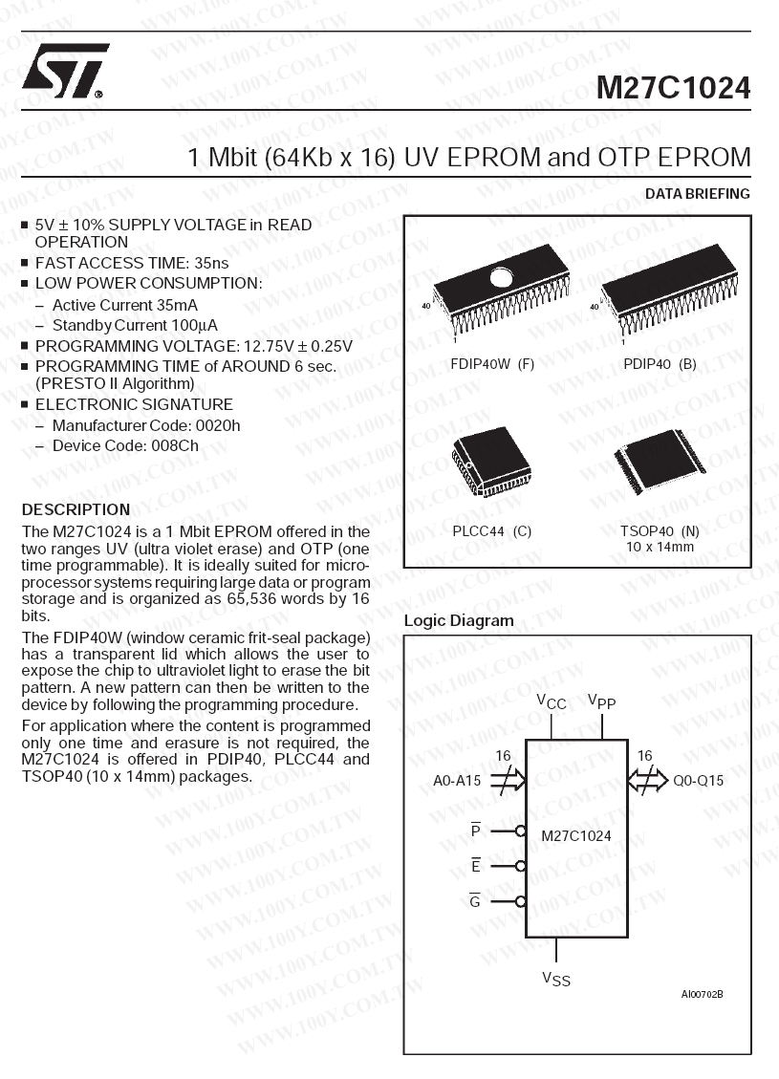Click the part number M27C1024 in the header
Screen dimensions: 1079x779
pyautogui.click(x=673, y=88)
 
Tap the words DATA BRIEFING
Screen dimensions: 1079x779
pyautogui.click(x=698, y=194)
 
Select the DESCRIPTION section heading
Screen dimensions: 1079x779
pyautogui.click(x=76, y=509)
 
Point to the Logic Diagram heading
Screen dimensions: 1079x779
pyautogui.click(x=459, y=620)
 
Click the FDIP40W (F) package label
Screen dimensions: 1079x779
pyautogui.click(x=492, y=364)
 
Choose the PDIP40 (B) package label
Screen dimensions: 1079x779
pyautogui.click(x=660, y=364)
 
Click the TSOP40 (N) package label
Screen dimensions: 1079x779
pyautogui.click(x=660, y=531)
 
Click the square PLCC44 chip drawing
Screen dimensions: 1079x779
pyautogui.click(x=491, y=461)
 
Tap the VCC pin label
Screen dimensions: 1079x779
pyautogui.click(x=552, y=702)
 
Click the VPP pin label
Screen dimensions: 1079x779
pyautogui.click(x=601, y=702)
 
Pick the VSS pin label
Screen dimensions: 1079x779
pyautogui.click(x=556, y=979)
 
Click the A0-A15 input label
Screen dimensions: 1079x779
pyautogui.click(x=457, y=781)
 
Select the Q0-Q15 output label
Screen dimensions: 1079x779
pyautogui.click(x=699, y=781)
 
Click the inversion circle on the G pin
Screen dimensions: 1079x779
pyautogui.click(x=521, y=901)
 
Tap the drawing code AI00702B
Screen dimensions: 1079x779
pyautogui.click(x=702, y=995)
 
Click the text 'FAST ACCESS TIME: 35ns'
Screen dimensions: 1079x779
pyautogui.click(x=132, y=263)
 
